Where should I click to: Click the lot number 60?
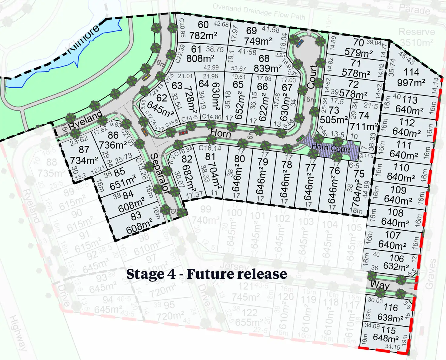pos(203,25)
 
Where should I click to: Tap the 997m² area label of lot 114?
pos(411,82)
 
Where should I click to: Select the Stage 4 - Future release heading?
pos(206,274)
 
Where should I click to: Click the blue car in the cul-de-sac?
pos(300,43)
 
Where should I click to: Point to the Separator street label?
pos(159,173)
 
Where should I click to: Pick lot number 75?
pos(359,174)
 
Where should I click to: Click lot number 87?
pos(84,149)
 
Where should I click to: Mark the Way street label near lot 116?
pos(380,285)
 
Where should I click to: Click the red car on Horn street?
pos(183,133)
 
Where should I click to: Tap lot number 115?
pos(388,330)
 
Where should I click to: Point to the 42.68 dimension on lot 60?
pos(221,24)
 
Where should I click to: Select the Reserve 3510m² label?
pos(417,37)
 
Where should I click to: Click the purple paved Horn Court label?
pos(331,148)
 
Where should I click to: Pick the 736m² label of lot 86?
pos(113,145)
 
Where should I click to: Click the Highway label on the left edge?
pos(18,332)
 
